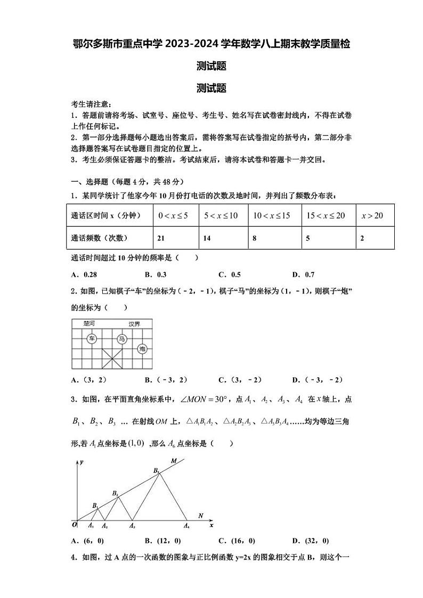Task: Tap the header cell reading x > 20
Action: pos(372,215)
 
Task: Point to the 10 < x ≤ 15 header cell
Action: pos(272,215)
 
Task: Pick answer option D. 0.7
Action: pos(303,274)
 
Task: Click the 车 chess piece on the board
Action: pos(92,339)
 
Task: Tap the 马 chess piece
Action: pos(122,339)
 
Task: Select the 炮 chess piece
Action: pos(142,349)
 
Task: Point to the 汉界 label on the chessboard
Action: pos(134,324)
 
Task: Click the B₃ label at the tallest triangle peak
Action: pos(156,470)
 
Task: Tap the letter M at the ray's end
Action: pos(174,460)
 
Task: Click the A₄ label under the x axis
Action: pos(186,526)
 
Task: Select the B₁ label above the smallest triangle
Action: pos(95,505)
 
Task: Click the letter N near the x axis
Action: pos(200,515)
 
